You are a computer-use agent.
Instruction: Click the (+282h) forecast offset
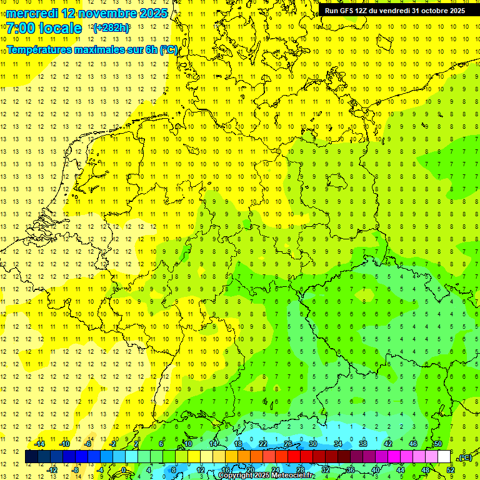click(x=111, y=28)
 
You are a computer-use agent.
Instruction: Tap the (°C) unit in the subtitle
click(x=168, y=49)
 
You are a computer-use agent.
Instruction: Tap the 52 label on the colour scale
click(x=450, y=469)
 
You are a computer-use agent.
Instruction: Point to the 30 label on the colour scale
click(x=313, y=444)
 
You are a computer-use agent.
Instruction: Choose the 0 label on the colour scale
click(x=124, y=469)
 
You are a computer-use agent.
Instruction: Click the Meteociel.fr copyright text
click(x=266, y=476)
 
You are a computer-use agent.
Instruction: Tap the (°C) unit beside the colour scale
click(x=465, y=457)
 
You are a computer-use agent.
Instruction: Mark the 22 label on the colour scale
click(x=263, y=444)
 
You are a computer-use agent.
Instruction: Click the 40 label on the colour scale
click(x=375, y=469)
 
